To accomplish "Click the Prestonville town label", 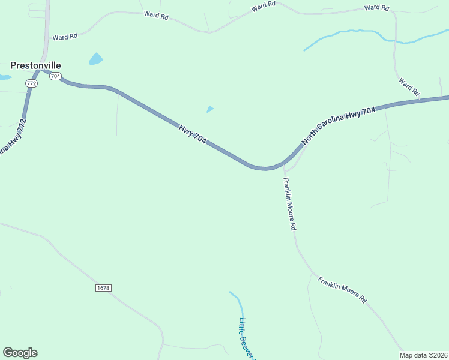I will point(36,65).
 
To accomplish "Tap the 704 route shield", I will point(56,76).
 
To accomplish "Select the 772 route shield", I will point(32,83).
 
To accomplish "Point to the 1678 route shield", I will point(103,288).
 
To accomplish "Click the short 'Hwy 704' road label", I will point(193,134).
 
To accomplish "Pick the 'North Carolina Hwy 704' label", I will point(339,126).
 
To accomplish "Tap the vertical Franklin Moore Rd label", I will point(290,205).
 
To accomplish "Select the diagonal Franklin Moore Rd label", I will point(342,290).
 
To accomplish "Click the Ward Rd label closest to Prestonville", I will point(65,37).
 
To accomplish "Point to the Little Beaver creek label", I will point(247,339).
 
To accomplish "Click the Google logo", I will point(20,353).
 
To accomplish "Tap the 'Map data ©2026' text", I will point(424,355).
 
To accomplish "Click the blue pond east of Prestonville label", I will point(95,59).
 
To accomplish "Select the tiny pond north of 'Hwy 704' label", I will point(209,109).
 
